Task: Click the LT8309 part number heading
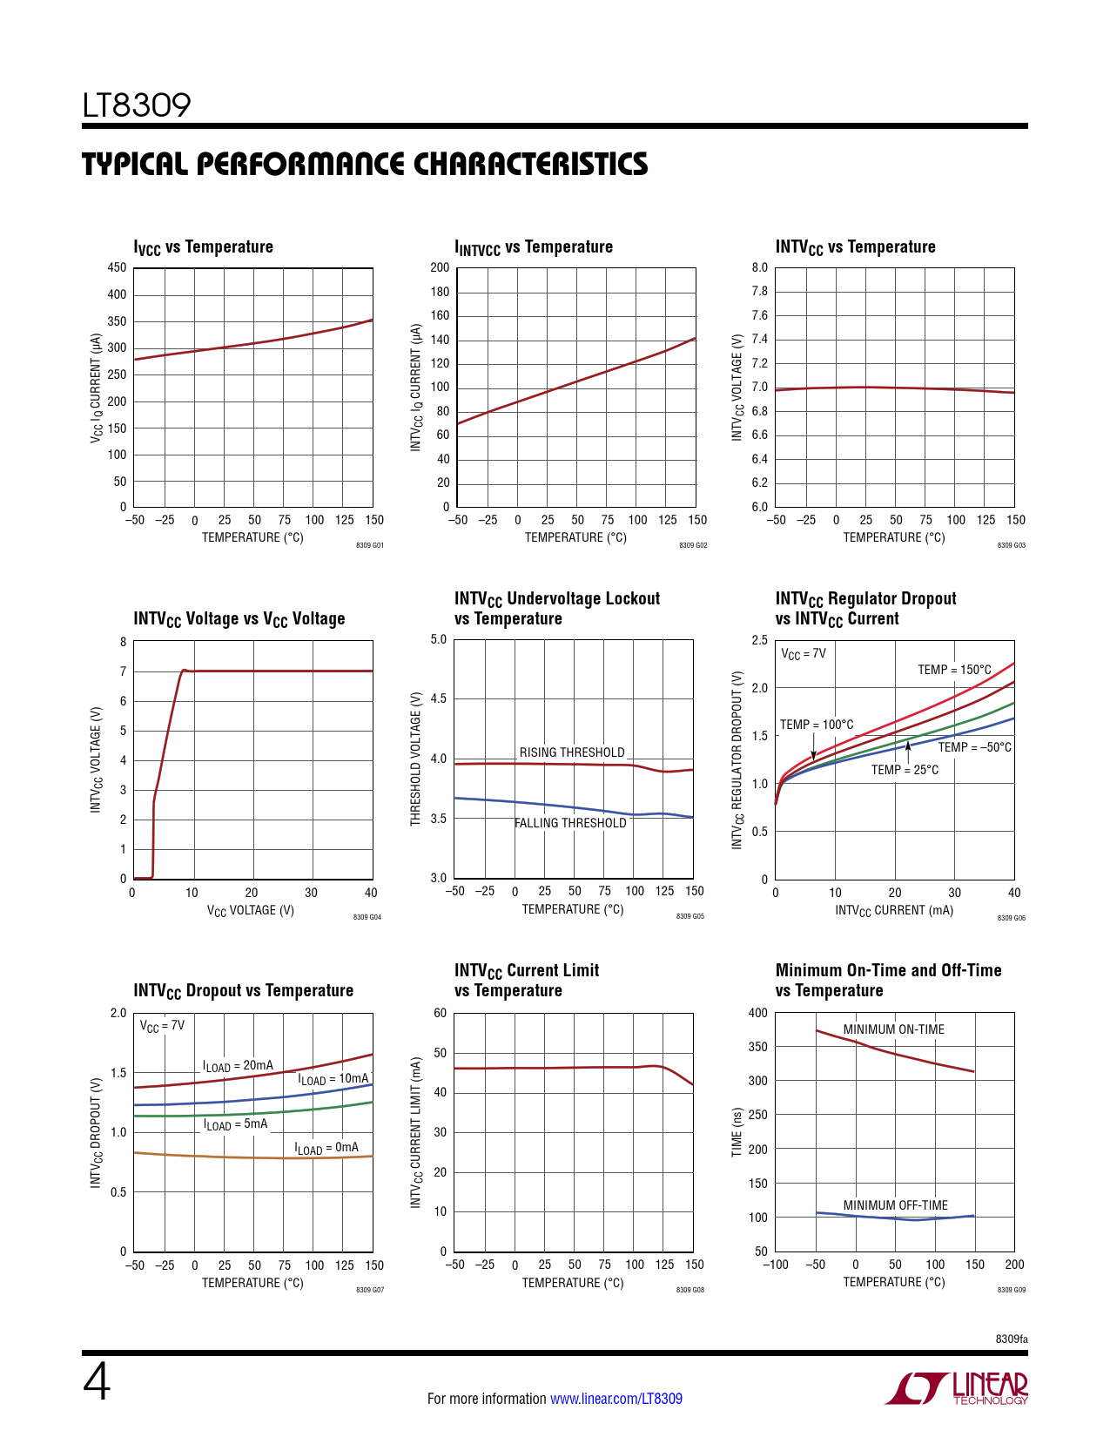pyautogui.click(x=137, y=105)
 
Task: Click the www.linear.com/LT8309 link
pyautogui.click(x=616, y=1399)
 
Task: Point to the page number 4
pyautogui.click(x=97, y=1382)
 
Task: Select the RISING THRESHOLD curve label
pyautogui.click(x=572, y=752)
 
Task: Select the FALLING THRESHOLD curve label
pyautogui.click(x=570, y=823)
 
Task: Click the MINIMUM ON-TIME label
pyautogui.click(x=893, y=1029)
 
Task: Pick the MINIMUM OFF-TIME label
pyautogui.click(x=895, y=1205)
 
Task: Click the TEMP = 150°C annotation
pyautogui.click(x=954, y=670)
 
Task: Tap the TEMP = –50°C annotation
pyautogui.click(x=974, y=747)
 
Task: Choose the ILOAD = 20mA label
pyautogui.click(x=238, y=1066)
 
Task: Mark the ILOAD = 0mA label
pyautogui.click(x=326, y=1148)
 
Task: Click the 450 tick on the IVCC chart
pyautogui.click(x=117, y=267)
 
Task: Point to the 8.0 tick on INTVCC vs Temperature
pyautogui.click(x=760, y=267)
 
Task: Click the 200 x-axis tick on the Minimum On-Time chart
pyautogui.click(x=1014, y=1265)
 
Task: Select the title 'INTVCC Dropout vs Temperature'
pyautogui.click(x=243, y=991)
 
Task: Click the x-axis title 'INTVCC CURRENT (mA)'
pyautogui.click(x=894, y=911)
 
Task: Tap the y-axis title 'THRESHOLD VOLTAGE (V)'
pyautogui.click(x=416, y=759)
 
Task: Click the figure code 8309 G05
pyautogui.click(x=690, y=917)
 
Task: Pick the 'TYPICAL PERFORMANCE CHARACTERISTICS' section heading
pyautogui.click(x=365, y=165)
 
